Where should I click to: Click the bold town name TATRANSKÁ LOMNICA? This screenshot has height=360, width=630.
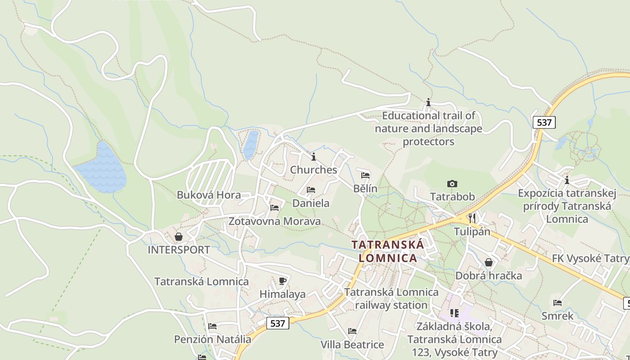click(x=388, y=251)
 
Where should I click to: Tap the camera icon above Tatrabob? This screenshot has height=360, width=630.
click(x=452, y=184)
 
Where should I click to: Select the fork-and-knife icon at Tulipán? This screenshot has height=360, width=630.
click(x=472, y=218)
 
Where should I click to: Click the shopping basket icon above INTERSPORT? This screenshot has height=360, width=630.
click(x=179, y=236)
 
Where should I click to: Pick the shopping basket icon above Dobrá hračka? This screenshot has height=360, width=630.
click(x=489, y=262)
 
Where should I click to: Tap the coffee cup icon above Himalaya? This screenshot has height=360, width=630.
click(x=283, y=281)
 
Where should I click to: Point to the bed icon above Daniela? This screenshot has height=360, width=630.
click(x=310, y=190)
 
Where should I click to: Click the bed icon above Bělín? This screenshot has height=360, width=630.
click(x=365, y=175)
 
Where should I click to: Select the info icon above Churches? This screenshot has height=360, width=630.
click(x=314, y=157)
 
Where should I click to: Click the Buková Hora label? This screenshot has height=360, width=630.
click(x=209, y=195)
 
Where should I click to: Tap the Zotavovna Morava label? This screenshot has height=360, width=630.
click(x=274, y=221)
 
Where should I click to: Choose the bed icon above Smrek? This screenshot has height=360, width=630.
click(x=558, y=302)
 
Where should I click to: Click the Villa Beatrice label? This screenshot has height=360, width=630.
click(x=352, y=345)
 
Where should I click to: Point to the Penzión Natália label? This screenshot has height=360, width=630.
click(x=212, y=339)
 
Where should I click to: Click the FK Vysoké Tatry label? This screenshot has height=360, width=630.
click(x=590, y=258)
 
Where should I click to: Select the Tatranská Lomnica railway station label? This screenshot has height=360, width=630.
click(x=391, y=298)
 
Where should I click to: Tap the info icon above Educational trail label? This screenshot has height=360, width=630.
click(x=428, y=103)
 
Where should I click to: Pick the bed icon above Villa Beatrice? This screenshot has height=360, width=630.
click(x=352, y=331)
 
